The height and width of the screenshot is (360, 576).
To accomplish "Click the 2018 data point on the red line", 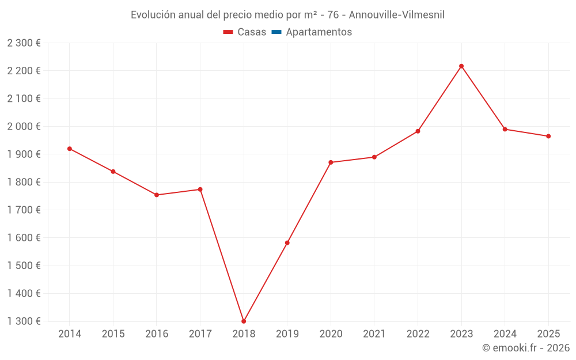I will [x=244, y=321].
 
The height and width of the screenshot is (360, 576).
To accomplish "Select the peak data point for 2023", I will [x=461, y=66].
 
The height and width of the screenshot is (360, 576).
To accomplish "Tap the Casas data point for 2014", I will [x=70, y=149].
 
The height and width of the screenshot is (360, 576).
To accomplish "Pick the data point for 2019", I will [x=287, y=242].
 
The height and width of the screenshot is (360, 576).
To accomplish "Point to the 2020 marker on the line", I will [x=331, y=162].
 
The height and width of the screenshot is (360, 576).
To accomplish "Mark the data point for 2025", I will [x=548, y=136].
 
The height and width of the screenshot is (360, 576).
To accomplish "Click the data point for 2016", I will [x=157, y=195].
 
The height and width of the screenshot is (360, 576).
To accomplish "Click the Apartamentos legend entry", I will [x=319, y=32].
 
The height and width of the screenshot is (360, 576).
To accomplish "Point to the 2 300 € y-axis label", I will [x=24, y=43].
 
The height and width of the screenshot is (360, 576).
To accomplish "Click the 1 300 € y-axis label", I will [x=24, y=321].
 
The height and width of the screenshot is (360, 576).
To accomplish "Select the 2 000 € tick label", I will [x=24, y=126].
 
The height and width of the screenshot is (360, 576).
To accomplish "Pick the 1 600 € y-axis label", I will [x=24, y=237].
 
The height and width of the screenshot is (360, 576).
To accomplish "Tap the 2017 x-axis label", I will [x=200, y=334].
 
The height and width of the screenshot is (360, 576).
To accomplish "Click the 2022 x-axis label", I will [x=418, y=334].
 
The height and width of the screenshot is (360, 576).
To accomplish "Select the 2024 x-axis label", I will [x=505, y=334].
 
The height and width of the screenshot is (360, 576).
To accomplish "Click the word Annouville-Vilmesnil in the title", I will [x=397, y=15].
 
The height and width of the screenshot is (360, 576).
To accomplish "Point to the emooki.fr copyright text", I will [x=525, y=348].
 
